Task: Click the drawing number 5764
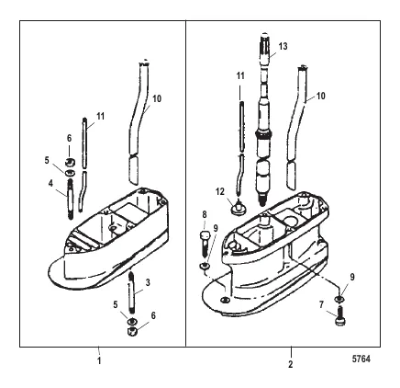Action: [x=361, y=359]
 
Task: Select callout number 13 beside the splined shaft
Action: [x=283, y=46]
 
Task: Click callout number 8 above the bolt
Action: [x=205, y=214]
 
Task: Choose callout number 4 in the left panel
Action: [x=50, y=183]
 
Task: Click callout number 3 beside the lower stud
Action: [x=148, y=282]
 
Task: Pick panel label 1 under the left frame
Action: [x=99, y=360]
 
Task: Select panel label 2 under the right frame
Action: [x=291, y=364]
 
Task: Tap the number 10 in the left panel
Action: [x=157, y=98]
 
